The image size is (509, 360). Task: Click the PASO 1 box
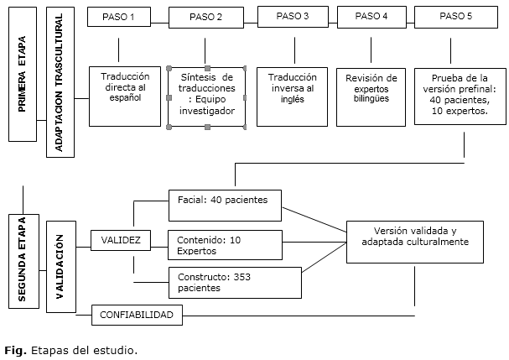(119, 17)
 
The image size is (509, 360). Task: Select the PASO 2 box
(206, 18)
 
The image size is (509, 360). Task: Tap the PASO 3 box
(293, 17)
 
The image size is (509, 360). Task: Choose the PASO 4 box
(371, 18)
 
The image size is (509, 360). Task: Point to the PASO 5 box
(456, 18)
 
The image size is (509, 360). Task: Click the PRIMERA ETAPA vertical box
(23, 75)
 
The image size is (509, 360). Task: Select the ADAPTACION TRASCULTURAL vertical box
(60, 82)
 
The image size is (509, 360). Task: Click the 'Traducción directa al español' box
(125, 97)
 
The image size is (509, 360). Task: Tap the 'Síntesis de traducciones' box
(207, 97)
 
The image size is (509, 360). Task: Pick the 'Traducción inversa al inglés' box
(292, 97)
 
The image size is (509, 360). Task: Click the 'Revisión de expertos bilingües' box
(371, 97)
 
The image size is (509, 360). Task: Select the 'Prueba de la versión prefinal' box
(460, 97)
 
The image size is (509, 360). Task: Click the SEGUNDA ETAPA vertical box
(23, 261)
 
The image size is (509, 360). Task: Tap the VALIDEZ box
(121, 241)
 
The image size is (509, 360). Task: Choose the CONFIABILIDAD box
(137, 315)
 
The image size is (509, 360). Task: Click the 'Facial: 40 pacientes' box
(225, 206)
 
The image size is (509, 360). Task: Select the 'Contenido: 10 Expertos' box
(225, 245)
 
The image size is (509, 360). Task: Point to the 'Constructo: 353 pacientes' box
(235, 283)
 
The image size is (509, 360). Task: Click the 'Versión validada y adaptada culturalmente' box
(415, 242)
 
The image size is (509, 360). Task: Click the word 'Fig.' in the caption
(15, 351)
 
